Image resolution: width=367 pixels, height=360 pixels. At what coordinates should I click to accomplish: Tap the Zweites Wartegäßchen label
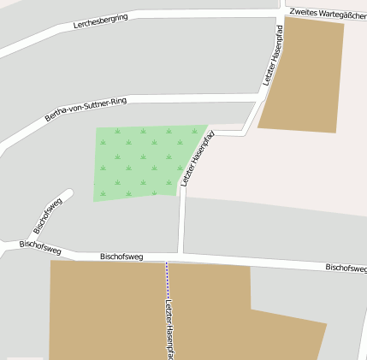click(x=328, y=13)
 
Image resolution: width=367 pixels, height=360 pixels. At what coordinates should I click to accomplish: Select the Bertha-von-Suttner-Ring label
click(x=86, y=109)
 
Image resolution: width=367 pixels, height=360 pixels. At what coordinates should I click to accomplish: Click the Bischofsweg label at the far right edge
click(x=346, y=268)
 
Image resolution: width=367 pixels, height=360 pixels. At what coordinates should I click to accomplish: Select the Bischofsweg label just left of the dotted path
click(x=121, y=257)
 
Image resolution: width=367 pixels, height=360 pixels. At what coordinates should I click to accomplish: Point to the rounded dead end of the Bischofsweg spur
click(x=68, y=193)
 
